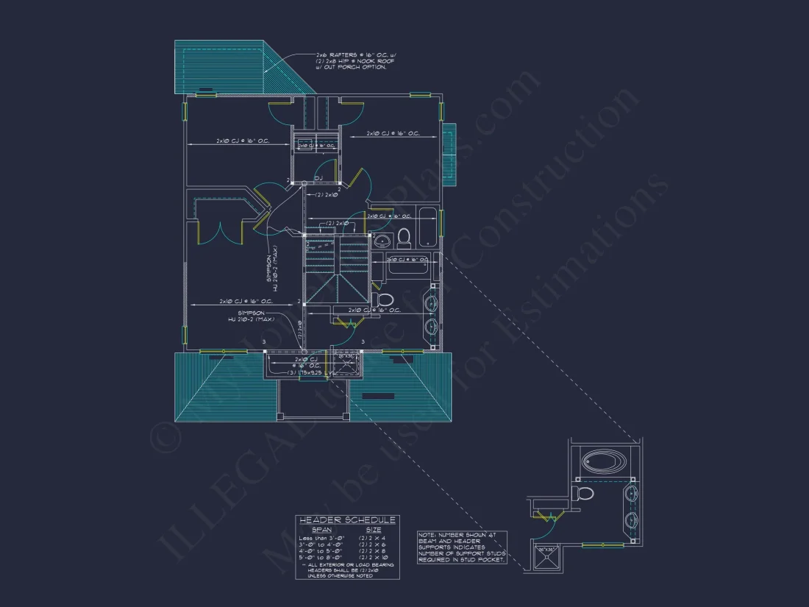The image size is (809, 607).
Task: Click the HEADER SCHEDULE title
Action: (347, 520)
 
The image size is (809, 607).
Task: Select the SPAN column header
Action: (321, 529)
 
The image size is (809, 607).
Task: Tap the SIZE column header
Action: (374, 529)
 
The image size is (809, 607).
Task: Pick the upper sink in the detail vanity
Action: (631, 494)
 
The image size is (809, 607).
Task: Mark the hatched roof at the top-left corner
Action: (221, 67)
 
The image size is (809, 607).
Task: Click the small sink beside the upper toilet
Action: (382, 241)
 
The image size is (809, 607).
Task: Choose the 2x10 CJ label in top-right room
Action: (394, 134)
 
